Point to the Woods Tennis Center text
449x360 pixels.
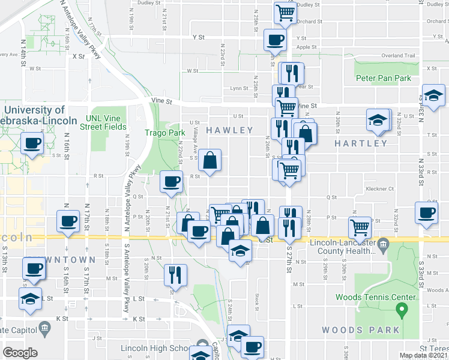(x=375, y=297)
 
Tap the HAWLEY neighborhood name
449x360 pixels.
(x=230, y=130)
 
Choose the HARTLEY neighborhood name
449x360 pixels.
(x=361, y=143)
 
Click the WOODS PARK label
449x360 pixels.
(x=360, y=330)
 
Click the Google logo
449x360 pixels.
(x=20, y=353)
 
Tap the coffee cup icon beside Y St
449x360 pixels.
(x=276, y=40)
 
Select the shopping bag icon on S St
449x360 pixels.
(x=210, y=160)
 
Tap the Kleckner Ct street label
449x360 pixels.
(x=379, y=188)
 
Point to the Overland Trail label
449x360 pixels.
(x=402, y=56)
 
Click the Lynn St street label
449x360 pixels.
(x=239, y=88)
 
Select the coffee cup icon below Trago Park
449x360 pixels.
(x=172, y=181)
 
